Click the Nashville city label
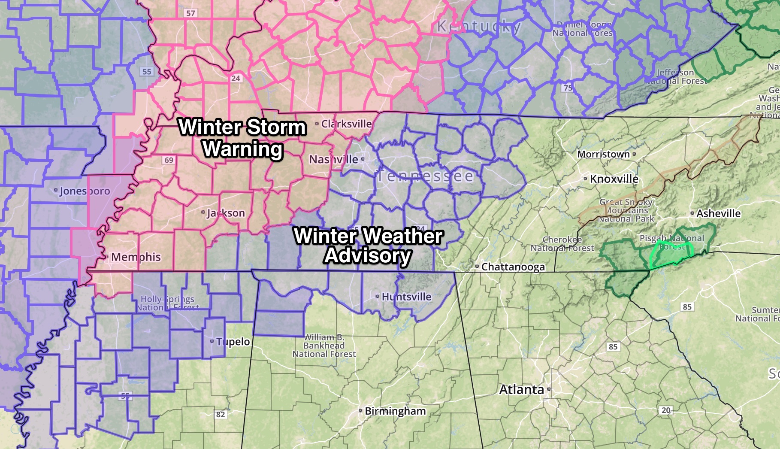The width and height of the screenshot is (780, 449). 334,159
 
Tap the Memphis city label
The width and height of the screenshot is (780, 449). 136,257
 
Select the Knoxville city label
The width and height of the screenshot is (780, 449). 614,179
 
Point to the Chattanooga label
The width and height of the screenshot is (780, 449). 513,267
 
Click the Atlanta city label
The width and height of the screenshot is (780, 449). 522,389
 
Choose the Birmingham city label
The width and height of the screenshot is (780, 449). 395,411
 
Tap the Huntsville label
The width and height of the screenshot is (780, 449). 406,297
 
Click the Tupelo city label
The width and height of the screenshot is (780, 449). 233,341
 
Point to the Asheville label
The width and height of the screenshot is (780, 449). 718,213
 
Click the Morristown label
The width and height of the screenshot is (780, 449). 603,154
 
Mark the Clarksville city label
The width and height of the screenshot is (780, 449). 346,124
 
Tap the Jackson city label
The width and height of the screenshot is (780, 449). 226,213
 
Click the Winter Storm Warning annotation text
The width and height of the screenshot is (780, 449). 242,138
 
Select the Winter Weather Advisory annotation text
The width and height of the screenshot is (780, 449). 368,246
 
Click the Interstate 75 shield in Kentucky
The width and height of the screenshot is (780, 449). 568,88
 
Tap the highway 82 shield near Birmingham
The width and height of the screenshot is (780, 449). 220,414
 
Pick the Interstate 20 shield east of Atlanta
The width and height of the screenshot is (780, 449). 666,410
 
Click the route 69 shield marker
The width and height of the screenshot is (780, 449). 169,160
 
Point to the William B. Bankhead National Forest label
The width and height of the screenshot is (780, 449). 324,346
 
